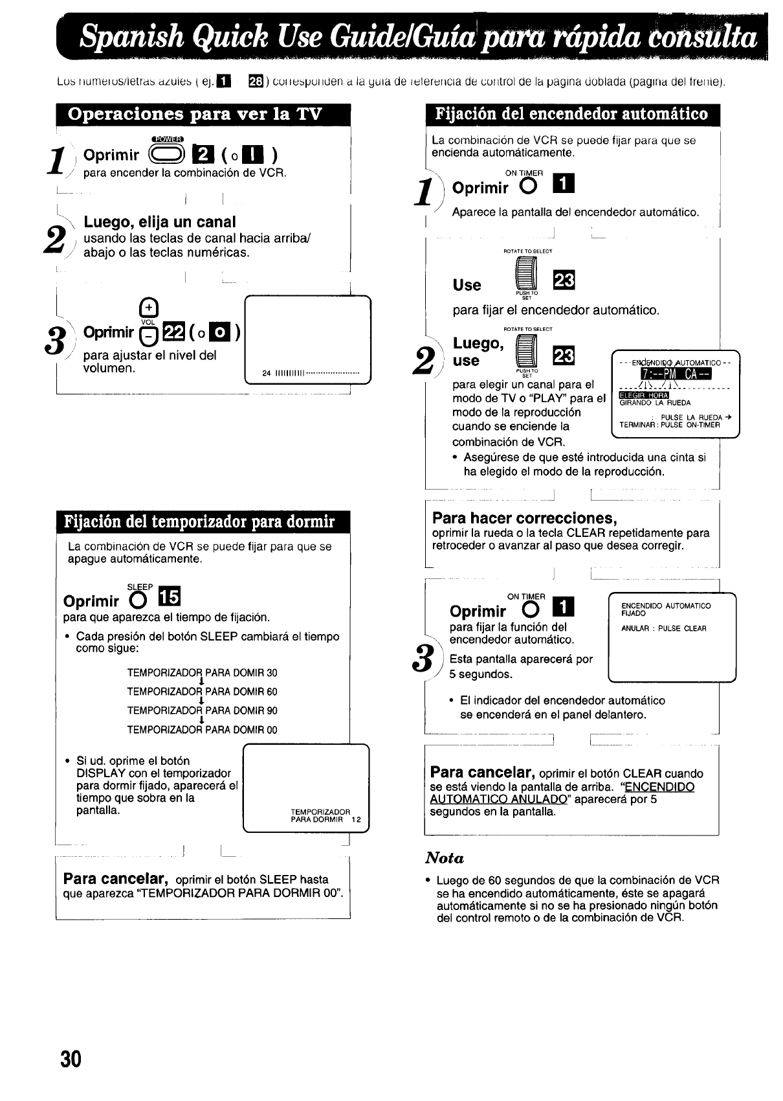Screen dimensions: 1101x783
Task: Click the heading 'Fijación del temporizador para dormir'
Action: pos(199,522)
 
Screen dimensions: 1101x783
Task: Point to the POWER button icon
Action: pos(167,153)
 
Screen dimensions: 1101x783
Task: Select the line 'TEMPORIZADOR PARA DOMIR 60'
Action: pos(202,692)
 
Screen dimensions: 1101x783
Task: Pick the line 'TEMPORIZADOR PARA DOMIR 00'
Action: pos(202,730)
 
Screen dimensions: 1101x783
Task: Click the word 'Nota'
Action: pos(445,858)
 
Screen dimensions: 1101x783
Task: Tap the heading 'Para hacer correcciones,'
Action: pos(524,518)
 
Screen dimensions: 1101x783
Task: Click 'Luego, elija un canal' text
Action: pos(160,222)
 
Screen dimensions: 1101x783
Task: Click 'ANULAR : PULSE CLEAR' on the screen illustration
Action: pos(663,628)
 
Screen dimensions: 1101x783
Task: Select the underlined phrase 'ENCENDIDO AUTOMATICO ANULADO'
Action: pos(562,793)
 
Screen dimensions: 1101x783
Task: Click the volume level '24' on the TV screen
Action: pos(266,373)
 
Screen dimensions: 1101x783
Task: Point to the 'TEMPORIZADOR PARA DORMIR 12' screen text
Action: pos(325,815)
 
